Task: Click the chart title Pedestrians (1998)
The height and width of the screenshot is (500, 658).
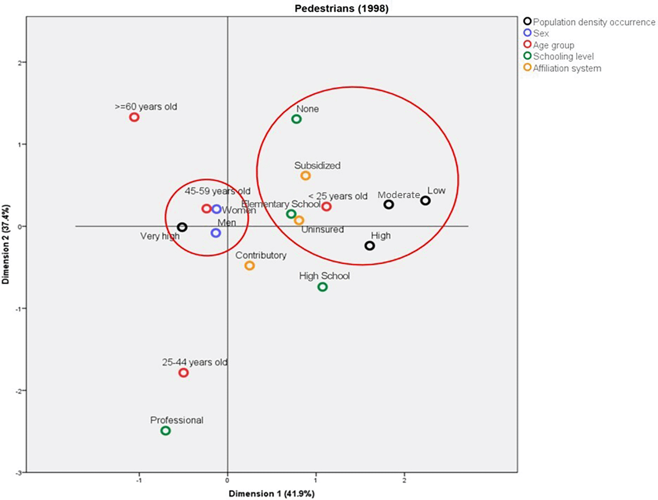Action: point(341,8)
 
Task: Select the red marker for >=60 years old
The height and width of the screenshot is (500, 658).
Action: point(134,117)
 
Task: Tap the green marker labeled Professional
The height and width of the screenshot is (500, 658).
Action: point(166,431)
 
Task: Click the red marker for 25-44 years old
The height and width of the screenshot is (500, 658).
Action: point(184,372)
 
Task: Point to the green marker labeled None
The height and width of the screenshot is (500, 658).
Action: point(296,119)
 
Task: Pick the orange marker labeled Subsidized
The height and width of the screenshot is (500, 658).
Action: point(305,176)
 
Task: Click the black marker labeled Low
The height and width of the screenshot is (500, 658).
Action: point(425,200)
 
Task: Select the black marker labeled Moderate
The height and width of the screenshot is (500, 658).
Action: point(389,205)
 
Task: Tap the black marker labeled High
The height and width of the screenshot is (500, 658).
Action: point(370,246)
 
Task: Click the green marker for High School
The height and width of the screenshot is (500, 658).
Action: point(323,287)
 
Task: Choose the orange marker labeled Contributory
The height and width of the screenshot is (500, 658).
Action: point(250,265)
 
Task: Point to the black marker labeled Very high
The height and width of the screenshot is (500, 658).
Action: point(182,227)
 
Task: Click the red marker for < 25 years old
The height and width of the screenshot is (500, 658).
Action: point(327,206)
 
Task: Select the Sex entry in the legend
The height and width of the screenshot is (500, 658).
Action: point(541,33)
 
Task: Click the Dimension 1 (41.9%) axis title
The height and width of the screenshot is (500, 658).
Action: point(272,493)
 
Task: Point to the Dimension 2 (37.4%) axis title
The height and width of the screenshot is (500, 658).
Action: point(5,244)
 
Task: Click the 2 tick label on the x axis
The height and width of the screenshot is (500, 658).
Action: point(404,480)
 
